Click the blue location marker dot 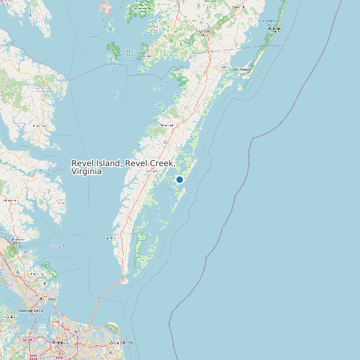[179, 179]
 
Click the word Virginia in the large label [86, 171]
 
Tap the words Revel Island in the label [96, 163]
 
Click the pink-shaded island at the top [106, 8]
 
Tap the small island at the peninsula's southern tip [124, 281]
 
